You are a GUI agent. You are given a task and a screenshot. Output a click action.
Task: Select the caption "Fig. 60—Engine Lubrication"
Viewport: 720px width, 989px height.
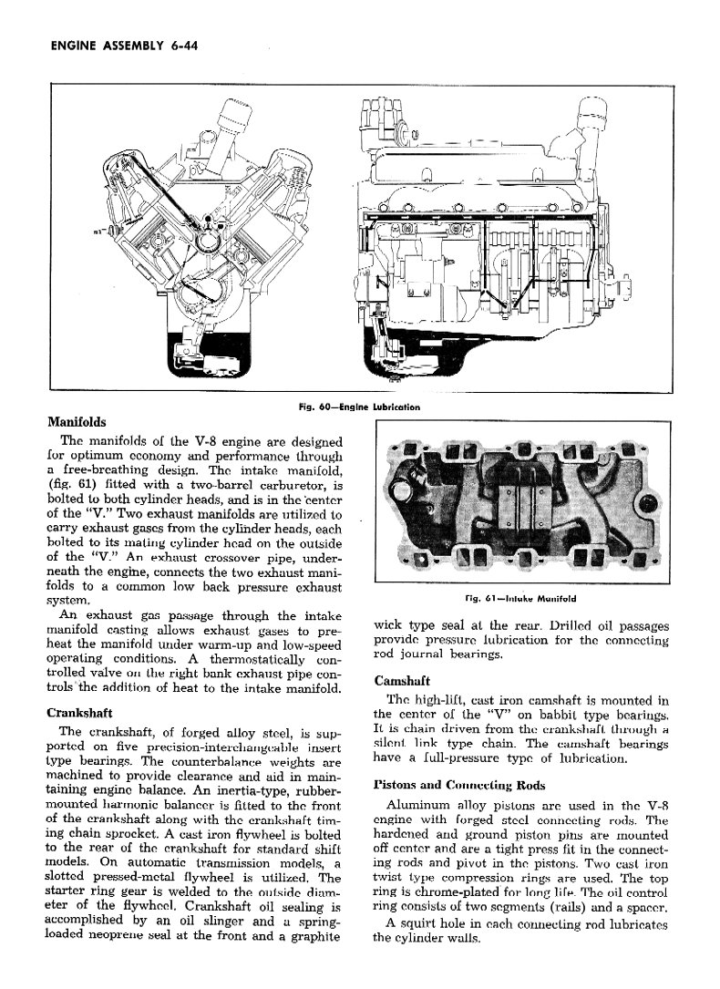(x=352, y=407)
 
